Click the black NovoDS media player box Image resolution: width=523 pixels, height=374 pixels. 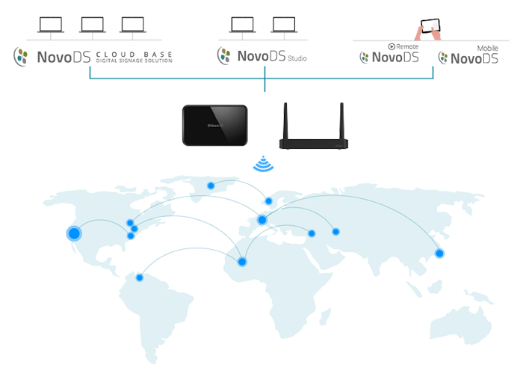click(215, 125)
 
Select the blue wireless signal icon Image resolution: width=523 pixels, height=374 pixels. click(263, 164)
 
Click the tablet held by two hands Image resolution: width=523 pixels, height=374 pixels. click(430, 25)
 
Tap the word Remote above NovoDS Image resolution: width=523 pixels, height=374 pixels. click(407, 46)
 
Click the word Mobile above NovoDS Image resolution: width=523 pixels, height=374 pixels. click(487, 49)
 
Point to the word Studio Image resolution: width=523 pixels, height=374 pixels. click(297, 58)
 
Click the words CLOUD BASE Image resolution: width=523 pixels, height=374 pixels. click(134, 54)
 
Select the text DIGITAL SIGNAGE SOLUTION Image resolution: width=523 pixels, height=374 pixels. click(134, 61)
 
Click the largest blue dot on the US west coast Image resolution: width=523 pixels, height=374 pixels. click(74, 233)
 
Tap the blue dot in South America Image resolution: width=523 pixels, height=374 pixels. click(140, 278)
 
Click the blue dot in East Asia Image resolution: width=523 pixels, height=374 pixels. click(439, 254)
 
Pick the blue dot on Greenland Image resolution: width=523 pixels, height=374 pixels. click(211, 186)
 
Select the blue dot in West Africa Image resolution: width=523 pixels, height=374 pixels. click(242, 262)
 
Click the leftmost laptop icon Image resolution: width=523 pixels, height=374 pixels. click(51, 25)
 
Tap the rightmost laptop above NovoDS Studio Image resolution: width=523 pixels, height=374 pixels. click(284, 25)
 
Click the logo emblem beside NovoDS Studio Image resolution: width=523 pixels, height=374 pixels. click(224, 55)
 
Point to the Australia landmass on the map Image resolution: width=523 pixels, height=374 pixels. click(461, 324)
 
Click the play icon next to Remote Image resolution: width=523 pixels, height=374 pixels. click(392, 46)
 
